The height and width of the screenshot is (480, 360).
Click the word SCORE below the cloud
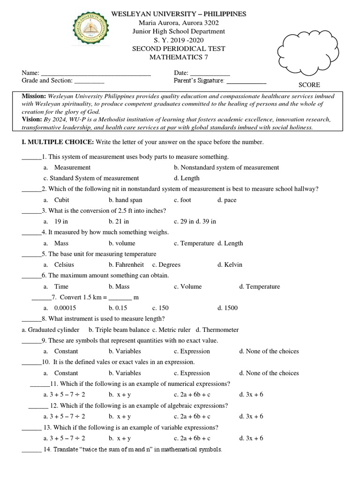pyautogui.click(x=309, y=85)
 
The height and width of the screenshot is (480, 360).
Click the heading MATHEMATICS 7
pyautogui.click(x=178, y=57)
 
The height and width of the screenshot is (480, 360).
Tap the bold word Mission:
pyautogui.click(x=34, y=96)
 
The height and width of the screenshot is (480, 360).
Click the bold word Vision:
pyautogui.click(x=32, y=120)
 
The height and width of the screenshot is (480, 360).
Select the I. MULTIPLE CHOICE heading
pyautogui.click(x=58, y=142)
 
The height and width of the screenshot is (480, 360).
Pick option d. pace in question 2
pyautogui.click(x=227, y=200)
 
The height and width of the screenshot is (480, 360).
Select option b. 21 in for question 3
pyautogui.click(x=119, y=222)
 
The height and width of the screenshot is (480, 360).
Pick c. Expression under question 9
pyautogui.click(x=192, y=351)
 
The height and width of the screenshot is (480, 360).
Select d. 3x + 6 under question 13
pyautogui.click(x=251, y=438)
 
